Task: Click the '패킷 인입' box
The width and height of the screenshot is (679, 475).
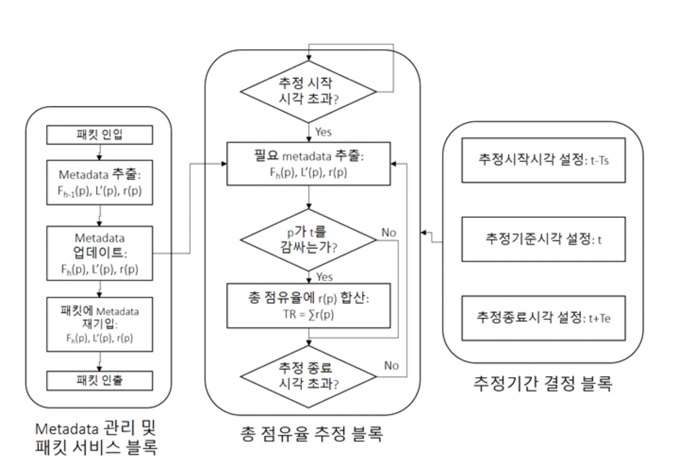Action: [99, 135]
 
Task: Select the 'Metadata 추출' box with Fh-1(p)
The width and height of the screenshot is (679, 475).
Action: [99, 182]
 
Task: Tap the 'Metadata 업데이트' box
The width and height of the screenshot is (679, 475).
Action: [99, 253]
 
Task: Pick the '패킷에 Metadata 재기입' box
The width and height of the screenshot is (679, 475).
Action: [99, 324]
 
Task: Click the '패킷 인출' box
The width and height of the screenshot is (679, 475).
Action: [99, 381]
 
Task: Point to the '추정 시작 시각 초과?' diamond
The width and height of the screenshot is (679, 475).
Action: [308, 92]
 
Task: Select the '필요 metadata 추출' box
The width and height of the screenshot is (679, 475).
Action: [308, 164]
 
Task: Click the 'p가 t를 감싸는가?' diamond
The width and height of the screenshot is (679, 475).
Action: [308, 240]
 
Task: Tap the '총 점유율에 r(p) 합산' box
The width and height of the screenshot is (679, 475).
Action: [308, 306]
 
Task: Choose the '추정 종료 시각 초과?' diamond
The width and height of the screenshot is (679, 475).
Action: [308, 376]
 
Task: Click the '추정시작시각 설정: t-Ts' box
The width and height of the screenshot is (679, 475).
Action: [543, 160]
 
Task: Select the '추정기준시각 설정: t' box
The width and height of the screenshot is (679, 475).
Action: [543, 239]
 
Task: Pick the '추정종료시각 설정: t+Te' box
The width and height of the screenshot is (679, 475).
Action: [543, 318]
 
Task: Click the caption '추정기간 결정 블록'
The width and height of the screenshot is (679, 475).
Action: [542, 384]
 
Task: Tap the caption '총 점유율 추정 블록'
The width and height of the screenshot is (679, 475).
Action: [311, 433]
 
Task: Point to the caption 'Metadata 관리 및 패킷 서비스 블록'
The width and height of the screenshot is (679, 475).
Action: [96, 438]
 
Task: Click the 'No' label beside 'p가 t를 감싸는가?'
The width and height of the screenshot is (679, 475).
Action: [388, 233]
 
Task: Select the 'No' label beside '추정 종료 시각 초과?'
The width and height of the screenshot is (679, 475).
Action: [391, 366]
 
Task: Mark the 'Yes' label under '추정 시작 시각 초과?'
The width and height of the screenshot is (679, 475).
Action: [323, 132]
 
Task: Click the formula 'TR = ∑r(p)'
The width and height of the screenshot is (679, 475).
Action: [308, 314]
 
